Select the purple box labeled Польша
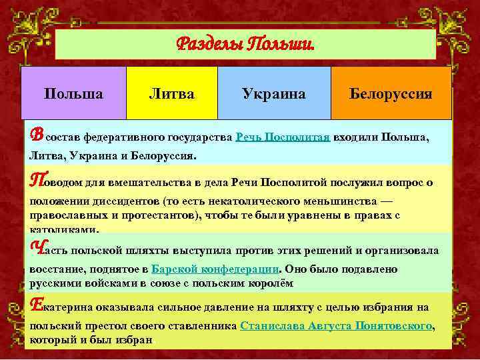click(x=73, y=93)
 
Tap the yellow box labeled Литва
click(x=171, y=93)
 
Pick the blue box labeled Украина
click(x=274, y=93)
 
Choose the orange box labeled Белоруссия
click(x=391, y=93)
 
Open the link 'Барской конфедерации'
click(x=213, y=269)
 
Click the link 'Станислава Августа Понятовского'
click(x=336, y=327)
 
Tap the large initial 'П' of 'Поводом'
click(x=37, y=180)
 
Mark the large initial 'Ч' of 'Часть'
click(x=37, y=249)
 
